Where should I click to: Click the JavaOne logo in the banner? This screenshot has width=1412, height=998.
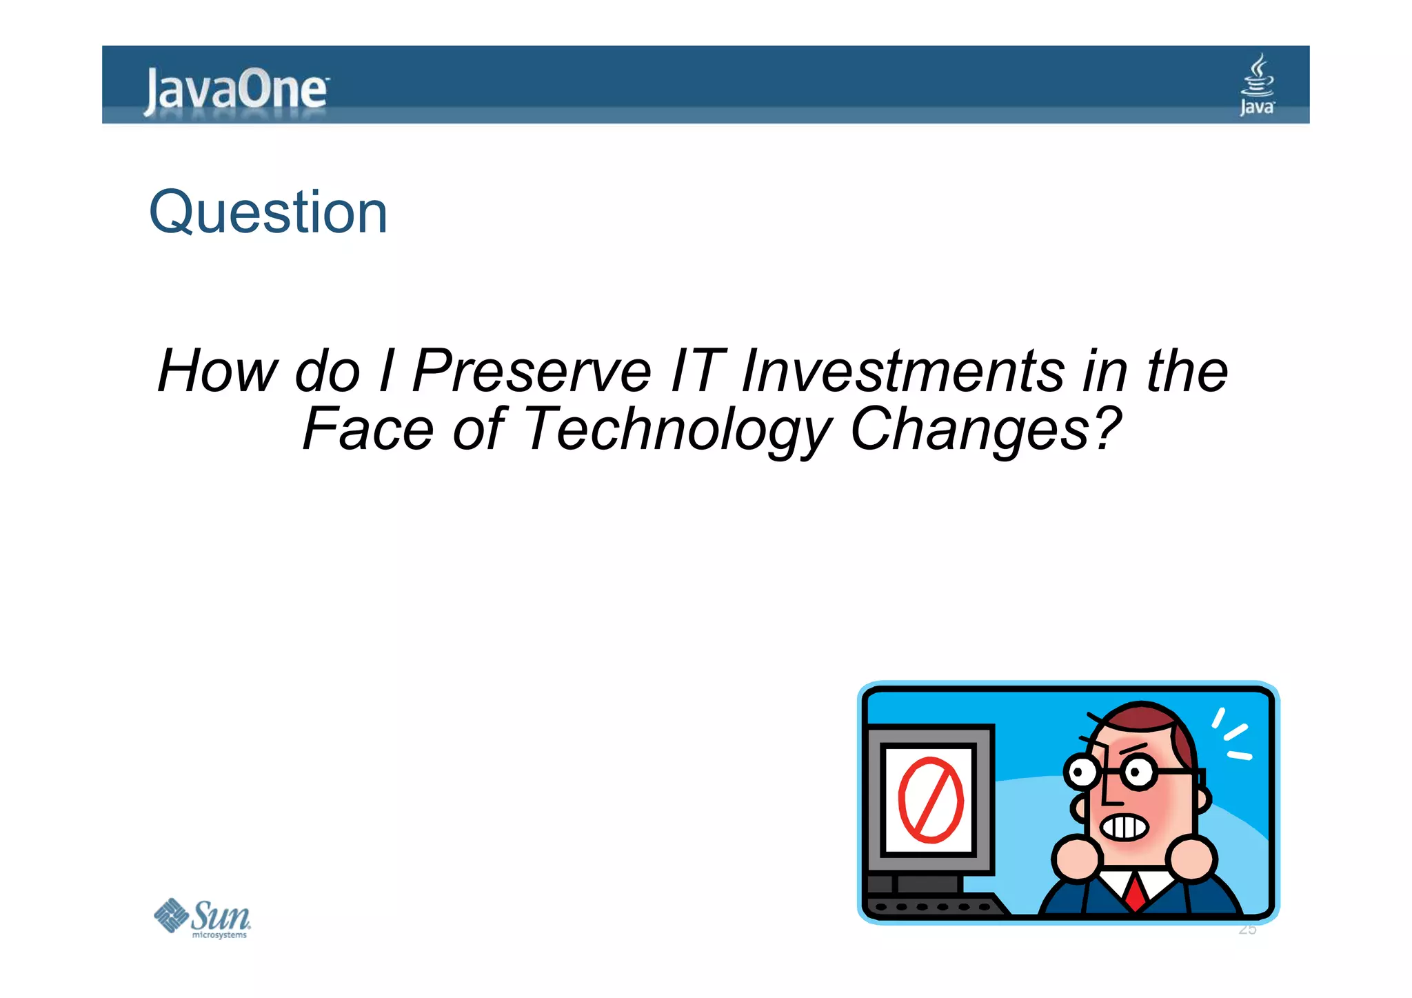click(x=236, y=90)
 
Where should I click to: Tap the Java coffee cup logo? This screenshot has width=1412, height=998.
click(x=1257, y=84)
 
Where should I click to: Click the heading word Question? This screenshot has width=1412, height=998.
click(x=268, y=212)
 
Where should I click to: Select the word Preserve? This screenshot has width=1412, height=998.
click(x=532, y=371)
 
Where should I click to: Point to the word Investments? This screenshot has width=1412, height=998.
click(x=903, y=371)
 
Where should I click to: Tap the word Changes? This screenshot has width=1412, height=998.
click(x=986, y=429)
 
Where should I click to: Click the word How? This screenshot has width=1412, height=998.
click(x=216, y=371)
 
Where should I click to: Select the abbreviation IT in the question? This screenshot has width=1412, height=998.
click(x=698, y=371)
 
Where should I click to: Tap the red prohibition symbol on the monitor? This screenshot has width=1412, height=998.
click(x=930, y=800)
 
